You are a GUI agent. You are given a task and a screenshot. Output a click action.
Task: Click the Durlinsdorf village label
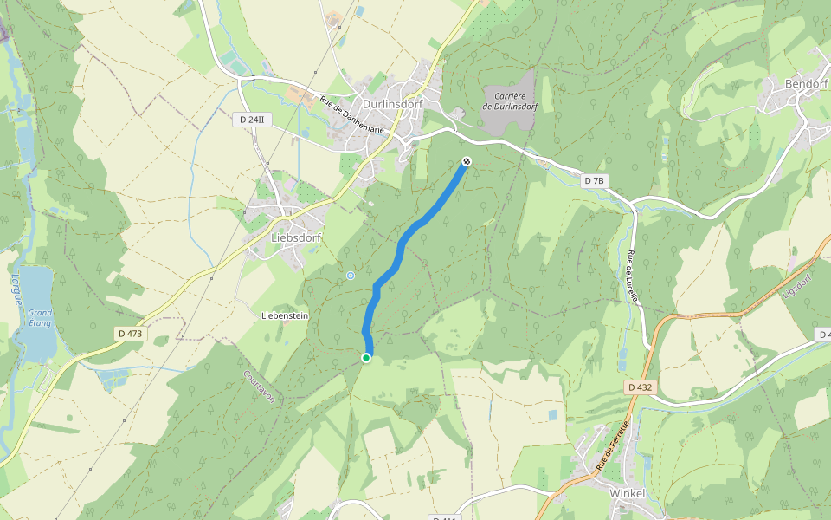tap(392, 104)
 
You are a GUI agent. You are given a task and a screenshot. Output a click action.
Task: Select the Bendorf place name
tap(807, 84)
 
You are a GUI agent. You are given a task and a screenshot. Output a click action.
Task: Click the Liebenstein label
tap(285, 316)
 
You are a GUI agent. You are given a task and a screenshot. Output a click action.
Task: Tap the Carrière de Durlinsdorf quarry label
tap(510, 101)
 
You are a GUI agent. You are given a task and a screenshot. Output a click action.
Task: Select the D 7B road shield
tap(593, 180)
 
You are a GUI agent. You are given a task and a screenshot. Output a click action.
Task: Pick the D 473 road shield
tap(131, 333)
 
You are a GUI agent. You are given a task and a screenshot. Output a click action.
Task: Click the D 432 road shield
tap(639, 387)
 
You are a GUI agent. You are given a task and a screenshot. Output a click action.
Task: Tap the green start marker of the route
tap(366, 357)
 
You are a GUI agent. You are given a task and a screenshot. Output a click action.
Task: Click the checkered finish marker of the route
tap(467, 161)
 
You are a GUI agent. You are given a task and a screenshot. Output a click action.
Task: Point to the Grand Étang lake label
tap(40, 317)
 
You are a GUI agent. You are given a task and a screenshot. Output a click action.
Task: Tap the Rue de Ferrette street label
tap(611, 446)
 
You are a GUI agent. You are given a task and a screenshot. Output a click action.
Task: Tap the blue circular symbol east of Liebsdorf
tap(351, 276)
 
